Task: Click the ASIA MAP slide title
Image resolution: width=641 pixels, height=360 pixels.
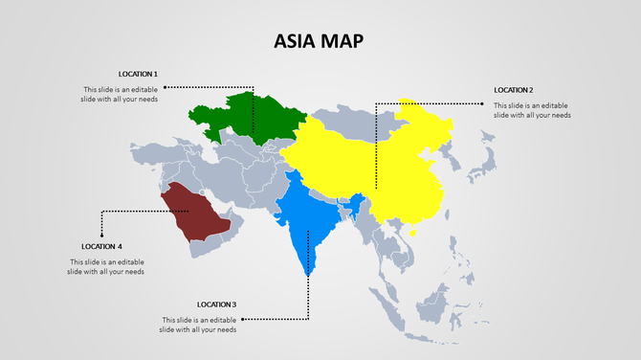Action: pos(319,40)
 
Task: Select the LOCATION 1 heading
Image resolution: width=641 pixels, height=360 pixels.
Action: pos(138,74)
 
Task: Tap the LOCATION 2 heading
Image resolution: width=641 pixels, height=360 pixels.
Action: pos(514,90)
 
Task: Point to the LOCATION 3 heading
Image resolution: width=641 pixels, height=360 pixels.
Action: pos(216,304)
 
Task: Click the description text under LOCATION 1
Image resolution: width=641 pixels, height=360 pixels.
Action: pos(120,95)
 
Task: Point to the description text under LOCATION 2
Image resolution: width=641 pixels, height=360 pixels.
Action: pos(532,110)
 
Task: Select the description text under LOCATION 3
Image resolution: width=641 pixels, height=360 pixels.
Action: pos(198,325)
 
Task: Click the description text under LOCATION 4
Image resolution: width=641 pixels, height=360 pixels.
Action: pos(106,267)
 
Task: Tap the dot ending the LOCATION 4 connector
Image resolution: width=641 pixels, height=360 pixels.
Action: pos(100,234)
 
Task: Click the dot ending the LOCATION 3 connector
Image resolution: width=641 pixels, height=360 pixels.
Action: pos(243,319)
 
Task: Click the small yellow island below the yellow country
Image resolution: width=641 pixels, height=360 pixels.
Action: pos(413,231)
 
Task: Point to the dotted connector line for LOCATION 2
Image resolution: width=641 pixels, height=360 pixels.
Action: pos(431,102)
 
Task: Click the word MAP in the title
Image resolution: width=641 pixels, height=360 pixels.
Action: pos(342,40)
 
